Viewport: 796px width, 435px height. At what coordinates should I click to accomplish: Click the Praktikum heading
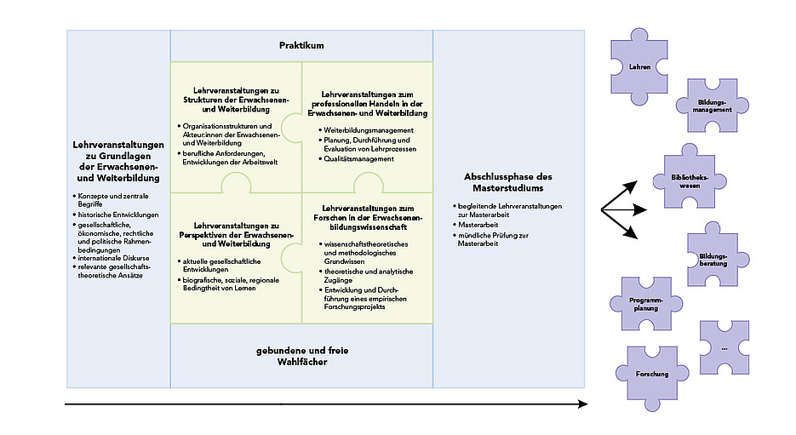point(301,45)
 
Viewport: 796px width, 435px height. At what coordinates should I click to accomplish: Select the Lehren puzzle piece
point(639,66)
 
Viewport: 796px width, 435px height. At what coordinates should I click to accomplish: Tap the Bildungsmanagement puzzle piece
point(713,106)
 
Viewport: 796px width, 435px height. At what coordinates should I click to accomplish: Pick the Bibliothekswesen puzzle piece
point(690,181)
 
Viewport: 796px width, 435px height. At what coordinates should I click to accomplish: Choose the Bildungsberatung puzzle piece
point(713,260)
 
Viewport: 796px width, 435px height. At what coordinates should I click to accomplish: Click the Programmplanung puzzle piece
point(646,304)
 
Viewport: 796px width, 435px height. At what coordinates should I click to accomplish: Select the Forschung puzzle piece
point(652,374)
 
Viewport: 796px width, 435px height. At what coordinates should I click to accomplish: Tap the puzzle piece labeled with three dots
point(724,347)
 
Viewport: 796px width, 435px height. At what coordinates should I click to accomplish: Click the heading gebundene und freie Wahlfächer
point(302,356)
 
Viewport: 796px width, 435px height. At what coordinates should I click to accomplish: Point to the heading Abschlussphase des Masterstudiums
point(508,182)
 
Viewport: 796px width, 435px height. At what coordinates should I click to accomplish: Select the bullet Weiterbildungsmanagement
point(366,130)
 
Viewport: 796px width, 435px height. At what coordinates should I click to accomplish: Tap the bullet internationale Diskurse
point(111,258)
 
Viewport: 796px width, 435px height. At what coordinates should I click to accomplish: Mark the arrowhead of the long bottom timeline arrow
point(584,404)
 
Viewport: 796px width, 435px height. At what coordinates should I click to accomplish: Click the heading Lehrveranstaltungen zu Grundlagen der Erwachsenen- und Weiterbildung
point(118,162)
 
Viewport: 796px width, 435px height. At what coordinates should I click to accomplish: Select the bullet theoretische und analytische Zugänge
point(366,276)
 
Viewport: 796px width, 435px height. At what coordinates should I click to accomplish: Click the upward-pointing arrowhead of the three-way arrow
point(632,186)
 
